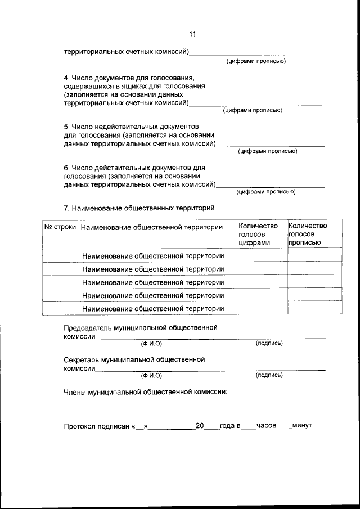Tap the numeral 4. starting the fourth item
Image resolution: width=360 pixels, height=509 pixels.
point(66,78)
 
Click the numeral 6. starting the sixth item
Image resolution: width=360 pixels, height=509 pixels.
point(66,168)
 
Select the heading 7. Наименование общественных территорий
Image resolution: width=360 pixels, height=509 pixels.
point(139,208)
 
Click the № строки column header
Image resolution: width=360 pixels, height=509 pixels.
point(60,227)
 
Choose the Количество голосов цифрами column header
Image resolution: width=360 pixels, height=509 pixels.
point(258,234)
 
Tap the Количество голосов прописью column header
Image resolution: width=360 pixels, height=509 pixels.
point(307,234)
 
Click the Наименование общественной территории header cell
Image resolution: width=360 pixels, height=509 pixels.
point(152,227)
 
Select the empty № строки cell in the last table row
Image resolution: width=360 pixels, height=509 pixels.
point(60,309)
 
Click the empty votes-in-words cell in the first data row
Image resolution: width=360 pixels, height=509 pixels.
point(314,255)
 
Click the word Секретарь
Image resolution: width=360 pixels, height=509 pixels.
point(84,359)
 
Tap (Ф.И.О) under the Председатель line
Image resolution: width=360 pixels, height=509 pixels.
point(151,343)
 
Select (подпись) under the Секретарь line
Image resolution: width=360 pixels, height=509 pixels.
point(269,375)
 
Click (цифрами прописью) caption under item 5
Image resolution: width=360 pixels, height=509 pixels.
point(267,151)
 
